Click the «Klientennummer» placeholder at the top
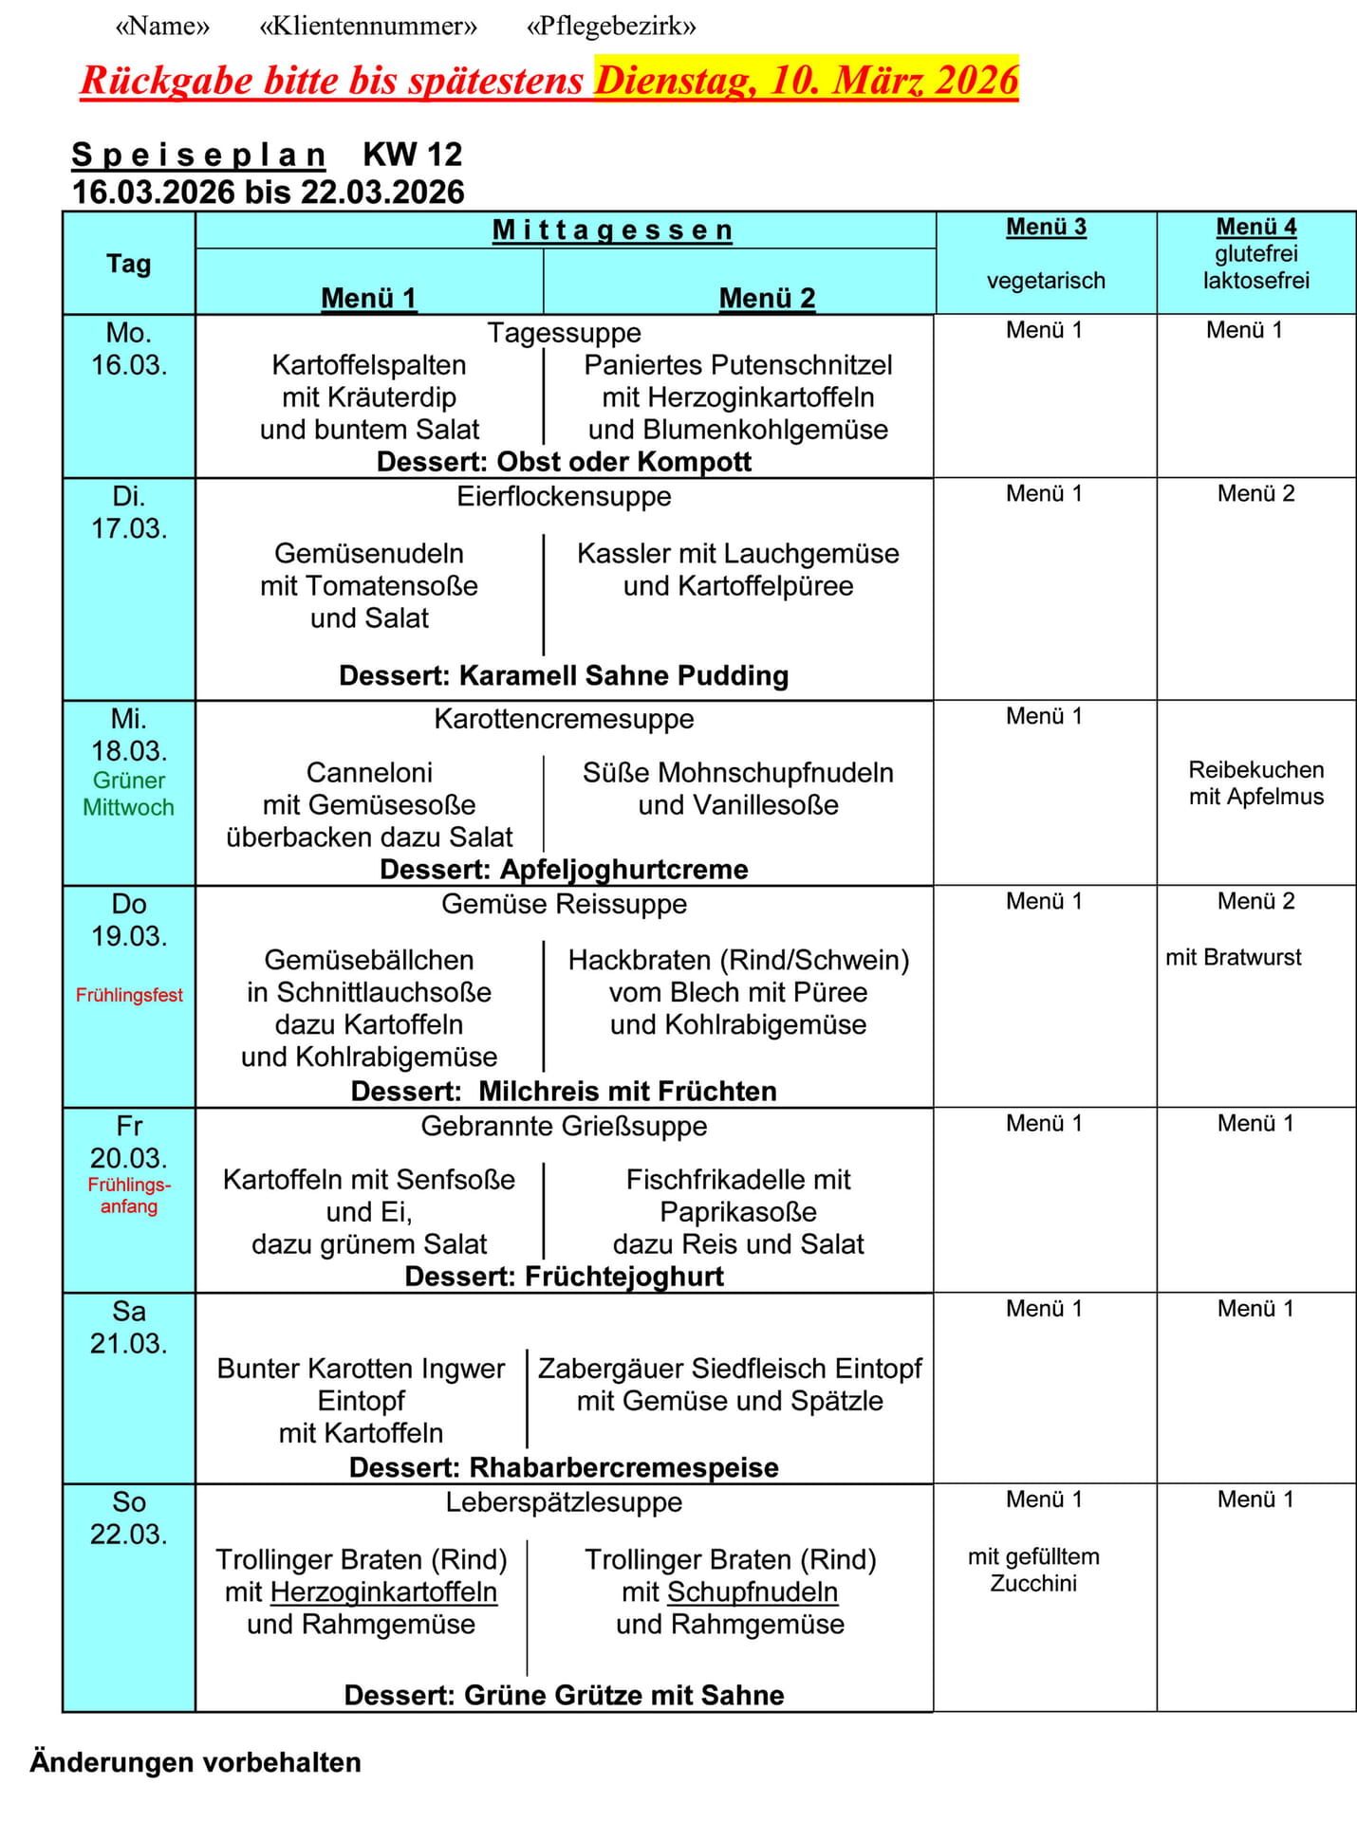368,27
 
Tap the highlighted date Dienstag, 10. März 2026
806,80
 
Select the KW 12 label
412,154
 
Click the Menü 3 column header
1046,228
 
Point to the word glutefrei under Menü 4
1255,254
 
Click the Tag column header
129,264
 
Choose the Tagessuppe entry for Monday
564,333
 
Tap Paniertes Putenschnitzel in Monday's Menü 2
738,365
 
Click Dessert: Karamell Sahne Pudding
564,676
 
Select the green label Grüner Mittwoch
129,794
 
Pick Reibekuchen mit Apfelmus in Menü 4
1255,783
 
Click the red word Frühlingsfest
129,995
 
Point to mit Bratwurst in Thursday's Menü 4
1233,958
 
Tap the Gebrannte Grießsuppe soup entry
564,1127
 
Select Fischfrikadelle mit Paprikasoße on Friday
738,1196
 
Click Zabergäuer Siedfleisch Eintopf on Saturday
730,1369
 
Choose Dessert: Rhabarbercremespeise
564,1467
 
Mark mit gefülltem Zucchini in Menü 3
1033,1570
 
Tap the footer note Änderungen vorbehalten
195,1762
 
